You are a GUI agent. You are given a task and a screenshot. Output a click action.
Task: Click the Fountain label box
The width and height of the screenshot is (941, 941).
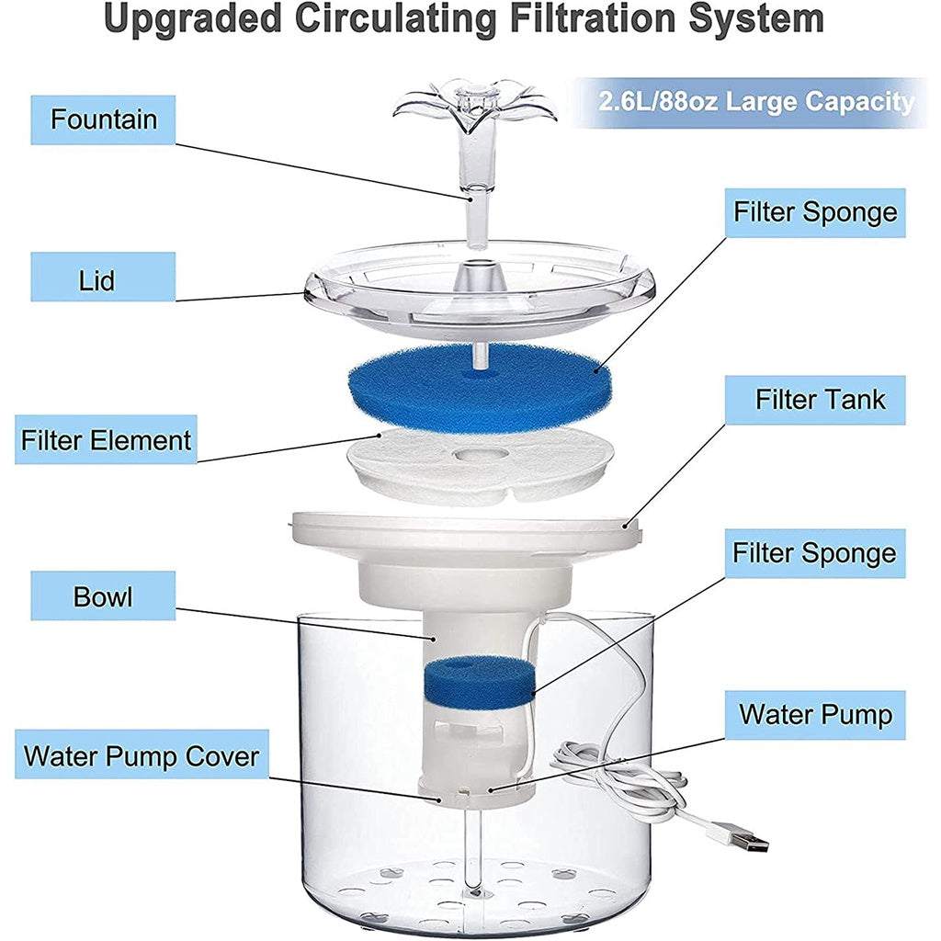103,119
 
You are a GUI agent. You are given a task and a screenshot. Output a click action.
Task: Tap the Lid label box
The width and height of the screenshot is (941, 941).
103,277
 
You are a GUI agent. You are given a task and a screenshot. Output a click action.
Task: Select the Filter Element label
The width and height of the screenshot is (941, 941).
106,439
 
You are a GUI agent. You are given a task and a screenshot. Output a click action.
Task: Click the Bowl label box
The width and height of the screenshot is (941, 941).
103,595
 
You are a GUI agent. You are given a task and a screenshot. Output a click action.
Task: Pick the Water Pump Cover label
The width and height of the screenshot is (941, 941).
142,754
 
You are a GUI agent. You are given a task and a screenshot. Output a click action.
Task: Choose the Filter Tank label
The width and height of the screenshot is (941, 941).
815,400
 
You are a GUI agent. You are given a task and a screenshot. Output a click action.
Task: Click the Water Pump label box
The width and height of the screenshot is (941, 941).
815,715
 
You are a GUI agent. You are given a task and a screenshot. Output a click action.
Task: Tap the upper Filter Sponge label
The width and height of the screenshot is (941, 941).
815,213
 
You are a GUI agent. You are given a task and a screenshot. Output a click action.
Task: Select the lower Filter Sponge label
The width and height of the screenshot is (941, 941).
815,553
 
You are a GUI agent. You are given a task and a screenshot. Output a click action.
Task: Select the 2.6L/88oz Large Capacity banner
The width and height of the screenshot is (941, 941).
755,101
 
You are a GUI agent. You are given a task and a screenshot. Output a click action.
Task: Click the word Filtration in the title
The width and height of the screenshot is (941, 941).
593,19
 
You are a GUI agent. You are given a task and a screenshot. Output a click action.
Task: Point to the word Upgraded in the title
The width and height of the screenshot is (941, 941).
193,19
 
